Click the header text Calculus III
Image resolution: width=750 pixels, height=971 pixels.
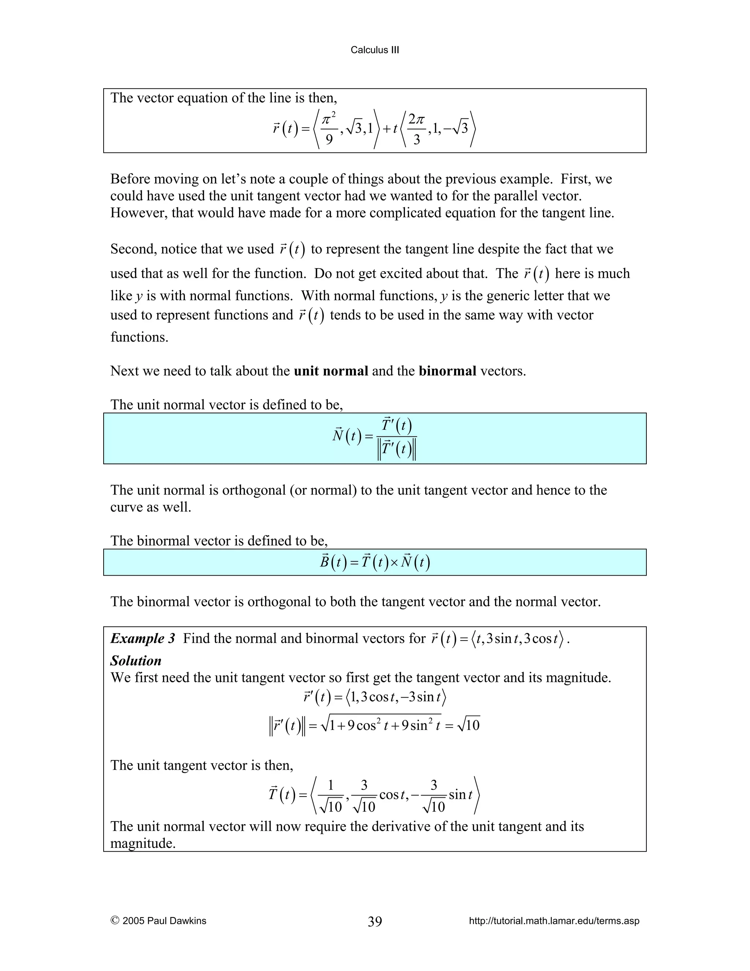tap(375, 50)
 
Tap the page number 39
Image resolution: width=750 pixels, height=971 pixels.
tap(375, 921)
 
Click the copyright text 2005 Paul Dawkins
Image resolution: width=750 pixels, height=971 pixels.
tap(164, 921)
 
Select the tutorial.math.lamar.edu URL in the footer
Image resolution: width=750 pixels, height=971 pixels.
tap(554, 921)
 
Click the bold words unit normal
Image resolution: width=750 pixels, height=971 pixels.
tap(331, 371)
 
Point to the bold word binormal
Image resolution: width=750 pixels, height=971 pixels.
tap(448, 371)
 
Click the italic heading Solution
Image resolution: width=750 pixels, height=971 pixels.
tap(135, 661)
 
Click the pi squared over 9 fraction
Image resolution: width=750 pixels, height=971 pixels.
tap(329, 129)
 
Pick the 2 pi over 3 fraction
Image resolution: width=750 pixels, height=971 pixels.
tap(416, 129)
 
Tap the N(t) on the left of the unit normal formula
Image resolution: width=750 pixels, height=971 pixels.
tap(346, 436)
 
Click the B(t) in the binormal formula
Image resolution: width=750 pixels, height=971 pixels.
tap(333, 563)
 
